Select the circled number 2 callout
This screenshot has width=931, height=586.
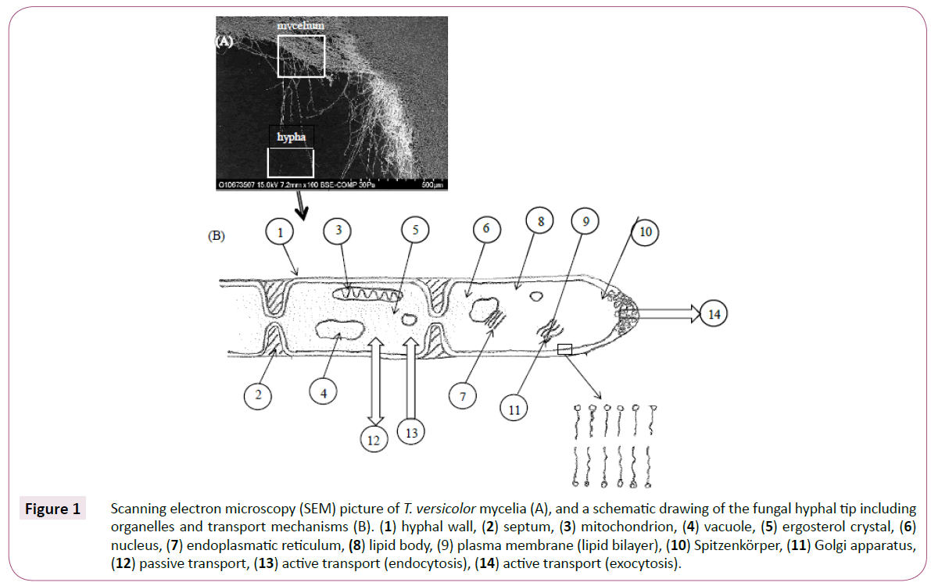pos(257,395)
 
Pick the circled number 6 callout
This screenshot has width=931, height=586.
pos(485,229)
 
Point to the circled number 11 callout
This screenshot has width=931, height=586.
pos(514,408)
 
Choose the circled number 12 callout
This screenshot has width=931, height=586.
pos(374,440)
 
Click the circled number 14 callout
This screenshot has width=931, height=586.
pos(714,314)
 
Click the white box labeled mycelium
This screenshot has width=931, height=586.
pos(301,55)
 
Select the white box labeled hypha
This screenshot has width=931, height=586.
pos(290,163)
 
